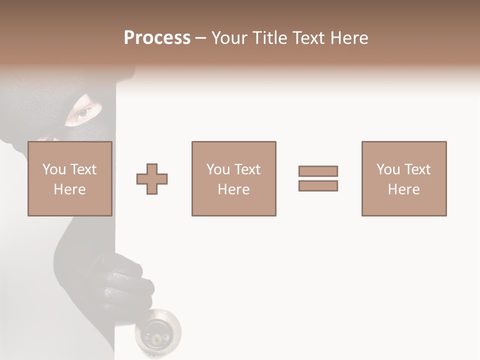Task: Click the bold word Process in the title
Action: coord(157,38)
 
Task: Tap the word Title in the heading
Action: coord(272,38)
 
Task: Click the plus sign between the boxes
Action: coord(152,179)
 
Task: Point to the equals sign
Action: coord(318,178)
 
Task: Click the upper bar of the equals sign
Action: coord(318,171)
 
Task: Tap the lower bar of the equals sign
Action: coord(318,185)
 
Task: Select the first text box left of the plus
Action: coord(70,178)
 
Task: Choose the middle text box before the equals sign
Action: coord(234,178)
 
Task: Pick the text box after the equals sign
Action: coord(404,178)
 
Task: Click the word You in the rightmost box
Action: coord(388,169)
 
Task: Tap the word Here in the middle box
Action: coord(234,189)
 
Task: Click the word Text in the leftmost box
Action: coord(83,169)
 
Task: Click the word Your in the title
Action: coord(229,38)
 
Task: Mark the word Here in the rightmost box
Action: coord(404,189)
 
